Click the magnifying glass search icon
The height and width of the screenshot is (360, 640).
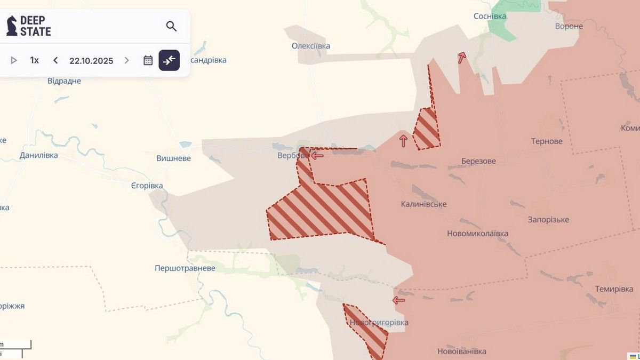[x=171, y=26]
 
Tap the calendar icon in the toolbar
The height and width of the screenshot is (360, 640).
[x=148, y=60]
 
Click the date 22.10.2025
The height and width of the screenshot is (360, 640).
[x=91, y=60]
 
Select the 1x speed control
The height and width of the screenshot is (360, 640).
[x=35, y=60]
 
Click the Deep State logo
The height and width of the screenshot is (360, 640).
[x=29, y=26]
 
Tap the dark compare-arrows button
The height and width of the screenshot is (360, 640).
[x=169, y=60]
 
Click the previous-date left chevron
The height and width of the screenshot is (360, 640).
[x=55, y=60]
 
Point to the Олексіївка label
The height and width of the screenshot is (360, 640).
[x=311, y=46]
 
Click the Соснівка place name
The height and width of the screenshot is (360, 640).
[x=490, y=17]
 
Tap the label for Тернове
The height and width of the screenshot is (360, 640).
[x=547, y=141]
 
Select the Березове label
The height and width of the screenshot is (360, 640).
[x=478, y=161]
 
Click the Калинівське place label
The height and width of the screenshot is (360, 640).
[x=424, y=204]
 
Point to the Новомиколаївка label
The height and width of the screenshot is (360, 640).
[x=477, y=234]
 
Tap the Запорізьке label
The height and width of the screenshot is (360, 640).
[x=548, y=220]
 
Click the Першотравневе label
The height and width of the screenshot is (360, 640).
[x=185, y=268]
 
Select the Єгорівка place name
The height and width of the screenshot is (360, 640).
[x=147, y=186]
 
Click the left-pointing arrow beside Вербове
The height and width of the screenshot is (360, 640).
[x=317, y=156]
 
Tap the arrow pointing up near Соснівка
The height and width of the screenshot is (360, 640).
[x=462, y=58]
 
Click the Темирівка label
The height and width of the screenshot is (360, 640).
[x=614, y=289]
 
